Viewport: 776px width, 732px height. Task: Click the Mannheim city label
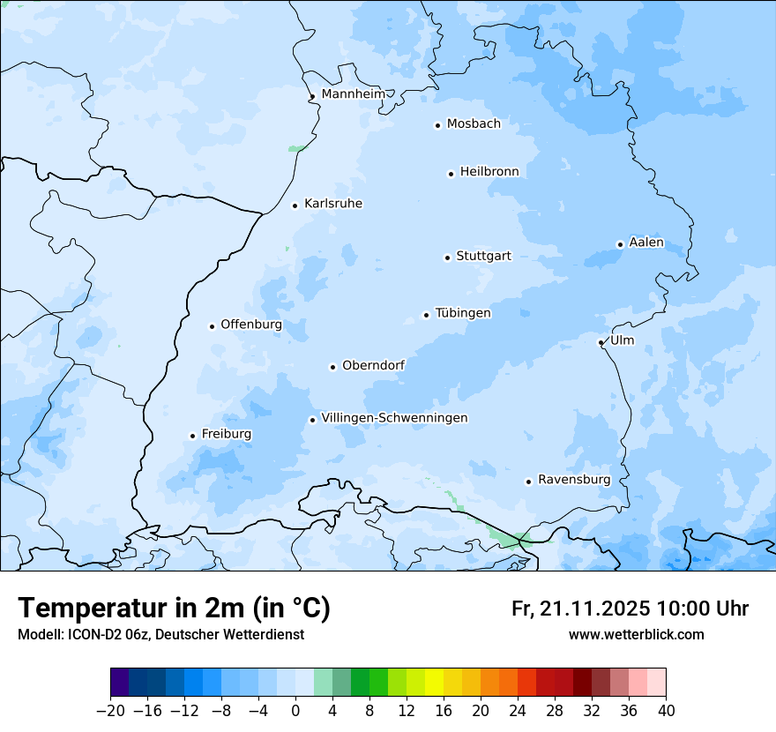tap(353, 93)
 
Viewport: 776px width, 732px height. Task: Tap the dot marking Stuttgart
tap(447, 258)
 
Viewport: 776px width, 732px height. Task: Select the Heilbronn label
tap(489, 171)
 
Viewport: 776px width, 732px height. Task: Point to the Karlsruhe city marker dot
tap(295, 205)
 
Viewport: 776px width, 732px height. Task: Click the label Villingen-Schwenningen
tap(394, 418)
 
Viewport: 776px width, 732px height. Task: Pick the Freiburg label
tap(226, 434)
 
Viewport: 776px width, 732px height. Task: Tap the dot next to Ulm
tap(601, 342)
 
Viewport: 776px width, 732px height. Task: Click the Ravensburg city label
tap(574, 480)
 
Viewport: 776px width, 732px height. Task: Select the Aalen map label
tap(646, 243)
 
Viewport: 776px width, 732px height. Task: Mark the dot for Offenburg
tap(212, 326)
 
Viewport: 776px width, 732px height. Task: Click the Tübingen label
tap(463, 313)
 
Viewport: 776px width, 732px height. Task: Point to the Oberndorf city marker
tap(332, 367)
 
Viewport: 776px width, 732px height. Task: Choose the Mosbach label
tap(474, 123)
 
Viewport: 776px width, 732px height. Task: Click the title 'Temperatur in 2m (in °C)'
tap(175, 608)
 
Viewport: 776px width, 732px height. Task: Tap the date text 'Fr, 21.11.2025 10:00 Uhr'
tap(630, 609)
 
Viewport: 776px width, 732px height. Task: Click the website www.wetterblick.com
tap(637, 634)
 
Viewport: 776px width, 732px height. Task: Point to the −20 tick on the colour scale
tap(110, 710)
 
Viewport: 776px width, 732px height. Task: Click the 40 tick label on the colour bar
tap(666, 710)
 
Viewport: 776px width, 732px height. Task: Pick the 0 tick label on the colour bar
tap(295, 710)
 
